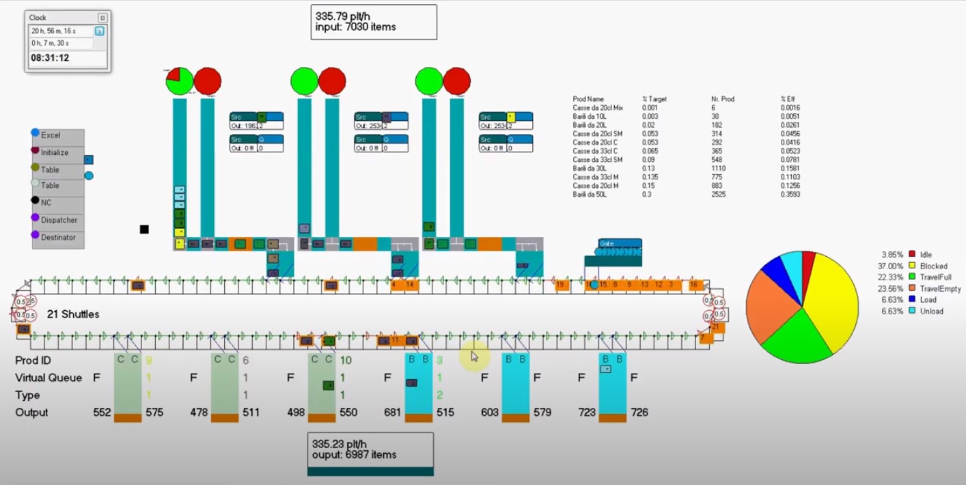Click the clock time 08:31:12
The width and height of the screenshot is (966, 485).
[x=50, y=58]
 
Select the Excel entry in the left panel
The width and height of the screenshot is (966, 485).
[x=51, y=135]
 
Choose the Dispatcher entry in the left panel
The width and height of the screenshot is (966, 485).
[x=59, y=220]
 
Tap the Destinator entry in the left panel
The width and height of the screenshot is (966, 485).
[x=59, y=237]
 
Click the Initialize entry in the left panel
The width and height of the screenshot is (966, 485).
[x=54, y=152]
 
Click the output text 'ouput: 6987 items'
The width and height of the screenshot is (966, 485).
[x=354, y=454]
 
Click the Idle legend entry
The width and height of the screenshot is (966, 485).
[x=926, y=255]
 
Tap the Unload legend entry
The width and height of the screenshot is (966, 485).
[x=931, y=311]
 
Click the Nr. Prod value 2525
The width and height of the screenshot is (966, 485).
[x=719, y=195]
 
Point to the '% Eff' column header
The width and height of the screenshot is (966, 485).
[x=788, y=100]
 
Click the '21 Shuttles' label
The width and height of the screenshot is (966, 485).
[x=73, y=314]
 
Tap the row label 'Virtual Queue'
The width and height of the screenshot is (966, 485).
[x=49, y=378]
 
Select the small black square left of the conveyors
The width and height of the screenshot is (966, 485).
[x=144, y=230]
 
